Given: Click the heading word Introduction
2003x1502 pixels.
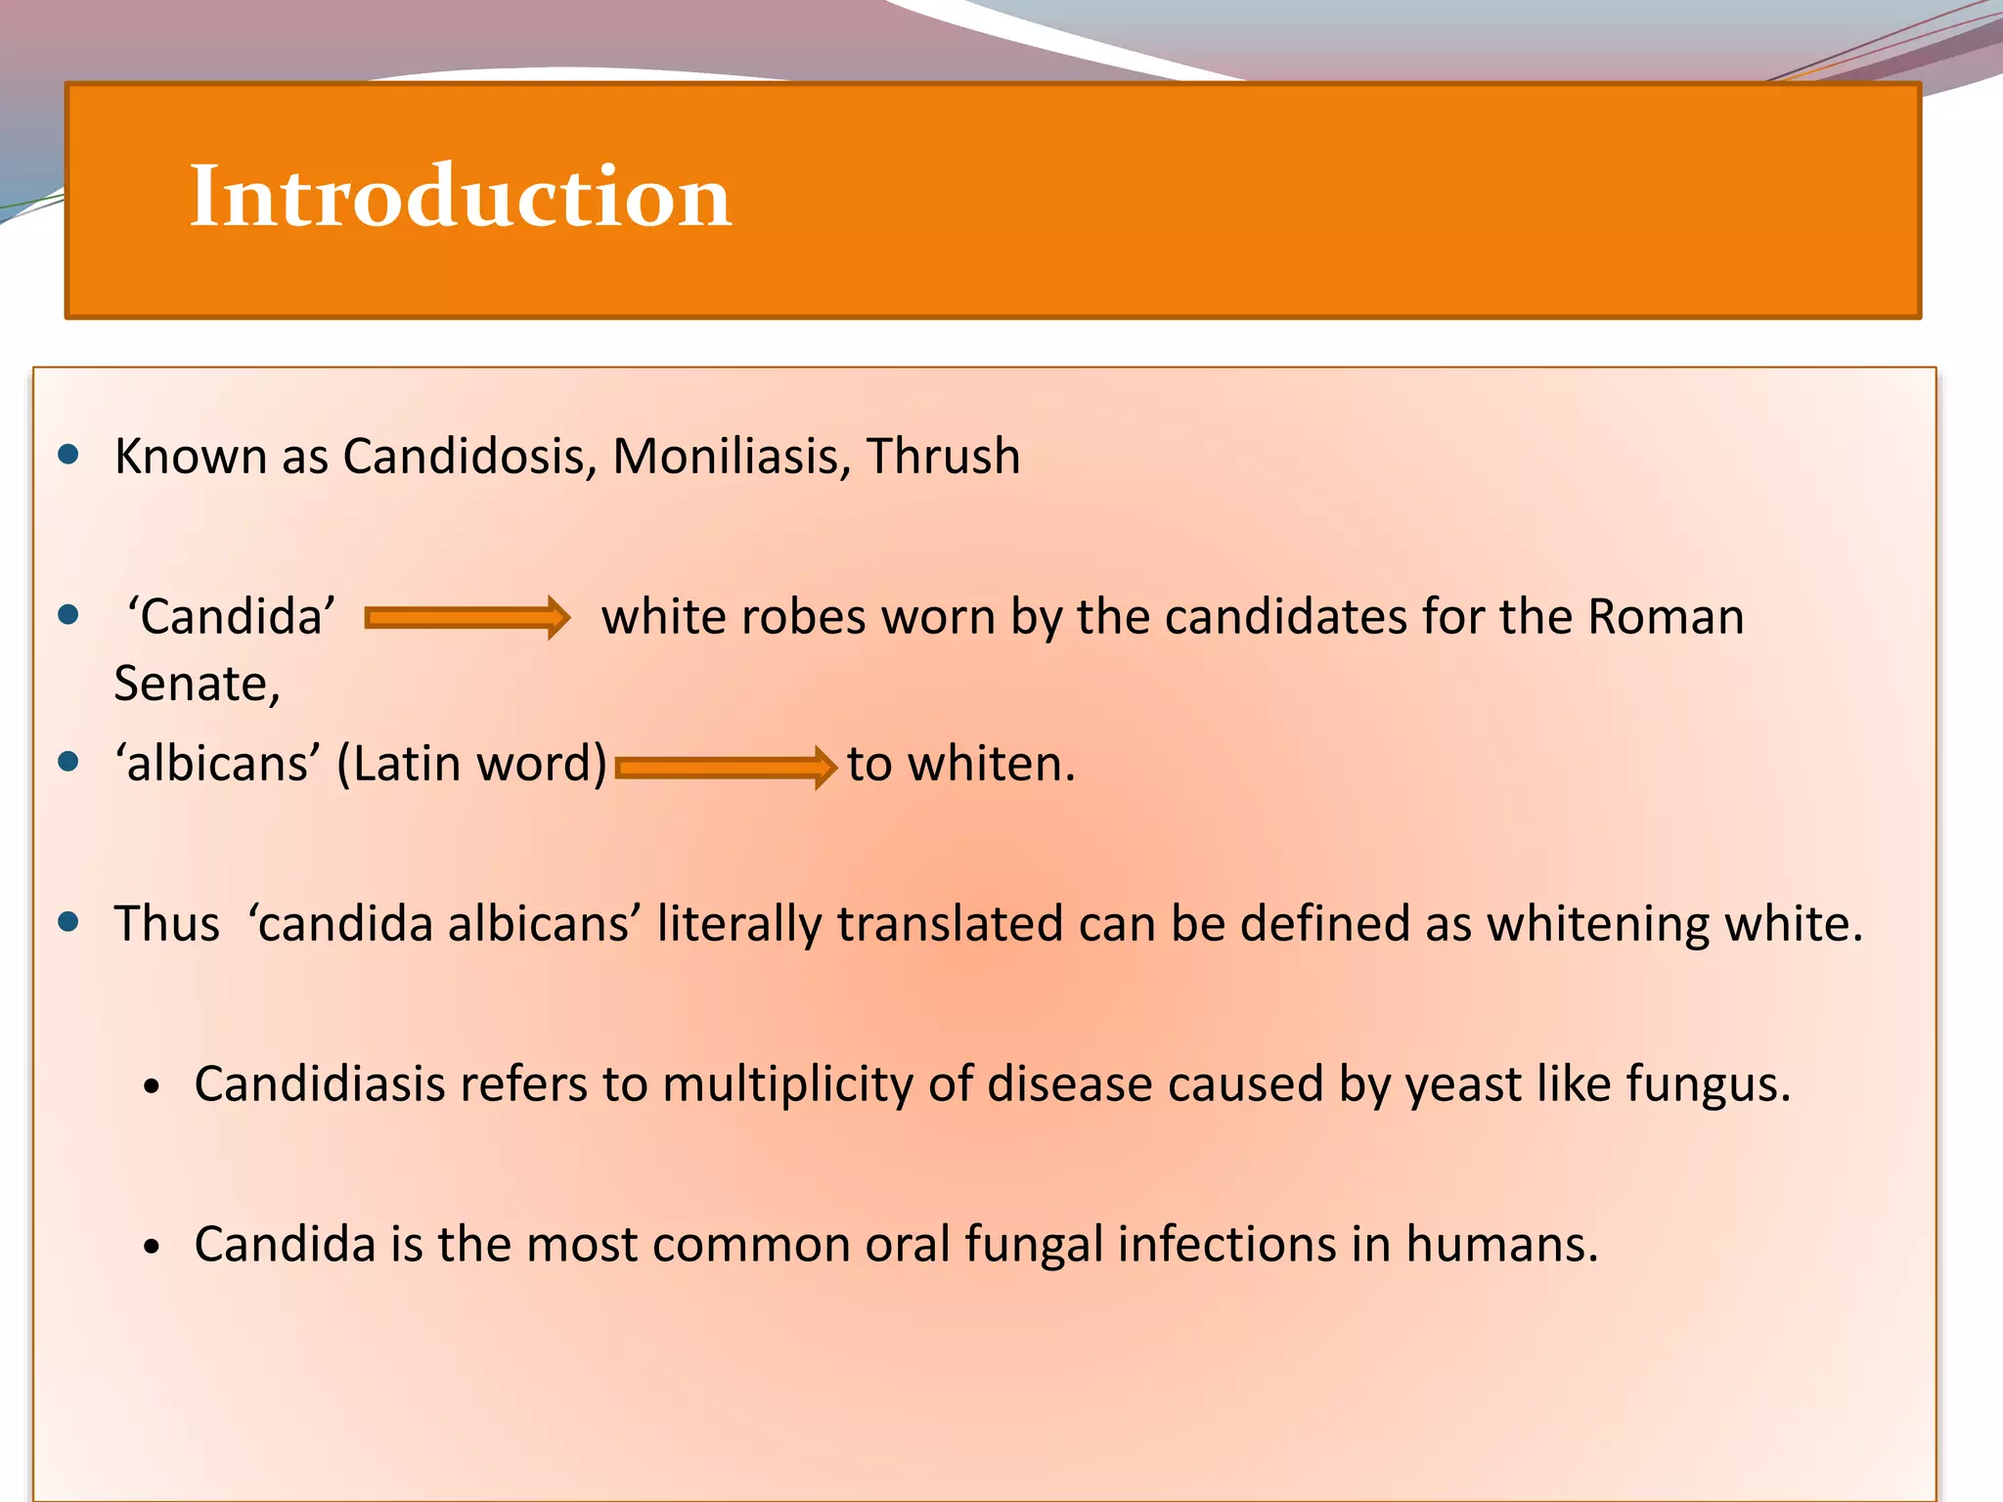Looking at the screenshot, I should pos(460,197).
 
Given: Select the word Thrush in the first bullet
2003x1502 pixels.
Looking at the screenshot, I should pos(943,457).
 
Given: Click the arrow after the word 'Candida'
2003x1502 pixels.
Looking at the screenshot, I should pos(467,618).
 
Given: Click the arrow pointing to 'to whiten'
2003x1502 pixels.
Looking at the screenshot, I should pos(726,767).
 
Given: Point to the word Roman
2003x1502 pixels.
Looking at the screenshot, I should pos(1665,618).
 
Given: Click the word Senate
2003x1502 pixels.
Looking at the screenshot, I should pos(196,684).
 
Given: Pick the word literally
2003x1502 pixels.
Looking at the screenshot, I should pos(738,924).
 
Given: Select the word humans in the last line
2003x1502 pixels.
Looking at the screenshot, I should pos(1501,1245).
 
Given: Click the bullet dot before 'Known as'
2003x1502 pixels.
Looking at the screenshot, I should pos(68,455).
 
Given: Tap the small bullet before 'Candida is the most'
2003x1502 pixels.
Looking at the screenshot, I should pos(151,1247).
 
